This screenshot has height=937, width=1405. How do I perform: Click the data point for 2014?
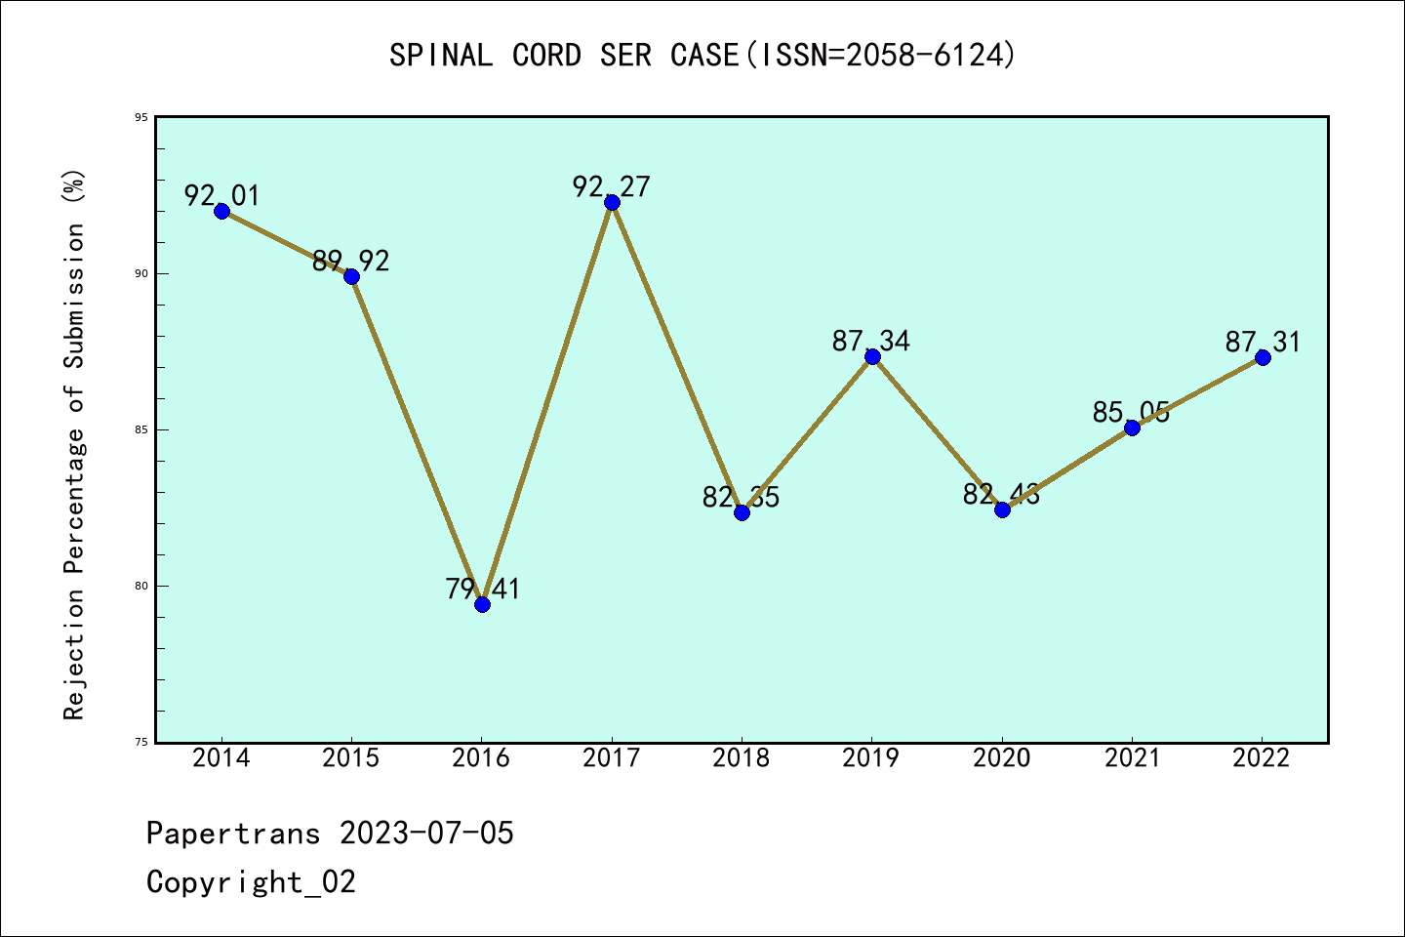point(221,211)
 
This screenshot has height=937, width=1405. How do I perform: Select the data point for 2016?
point(482,604)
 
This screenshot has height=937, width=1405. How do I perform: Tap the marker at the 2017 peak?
point(612,202)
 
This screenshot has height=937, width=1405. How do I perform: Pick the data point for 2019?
point(872,356)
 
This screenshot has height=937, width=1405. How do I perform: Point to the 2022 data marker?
point(1263,357)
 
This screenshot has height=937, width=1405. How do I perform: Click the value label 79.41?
point(483,589)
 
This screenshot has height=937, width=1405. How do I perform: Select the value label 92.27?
point(612,186)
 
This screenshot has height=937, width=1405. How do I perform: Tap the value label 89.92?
point(351,261)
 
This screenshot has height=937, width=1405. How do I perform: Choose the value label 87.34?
point(871,341)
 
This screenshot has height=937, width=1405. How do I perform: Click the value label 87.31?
point(1263,342)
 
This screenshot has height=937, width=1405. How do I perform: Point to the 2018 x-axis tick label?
point(742,758)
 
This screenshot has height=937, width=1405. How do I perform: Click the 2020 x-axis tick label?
point(1002,758)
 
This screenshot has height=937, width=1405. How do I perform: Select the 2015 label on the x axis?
point(351,758)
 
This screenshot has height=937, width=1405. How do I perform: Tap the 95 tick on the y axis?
point(141,117)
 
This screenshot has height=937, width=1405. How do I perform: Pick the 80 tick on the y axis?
point(141,586)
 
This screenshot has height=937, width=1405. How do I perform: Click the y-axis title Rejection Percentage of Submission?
point(74,444)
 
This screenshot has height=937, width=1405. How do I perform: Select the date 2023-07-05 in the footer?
point(426,833)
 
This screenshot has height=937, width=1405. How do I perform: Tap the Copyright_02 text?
point(252,881)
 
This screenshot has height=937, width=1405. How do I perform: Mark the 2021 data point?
point(1132,428)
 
